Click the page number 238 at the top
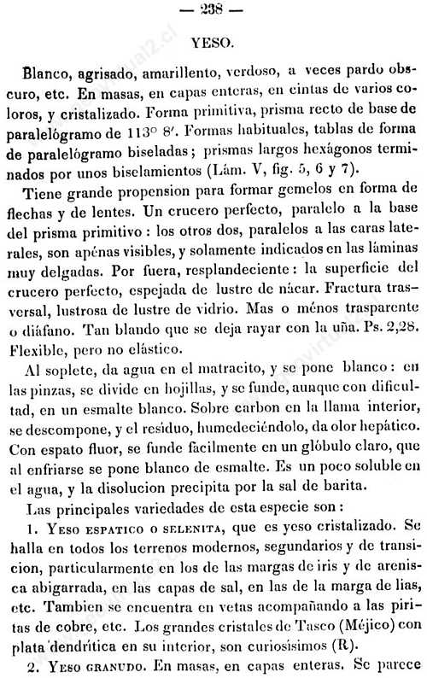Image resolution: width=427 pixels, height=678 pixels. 213,11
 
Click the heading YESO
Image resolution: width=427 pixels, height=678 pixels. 212,40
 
